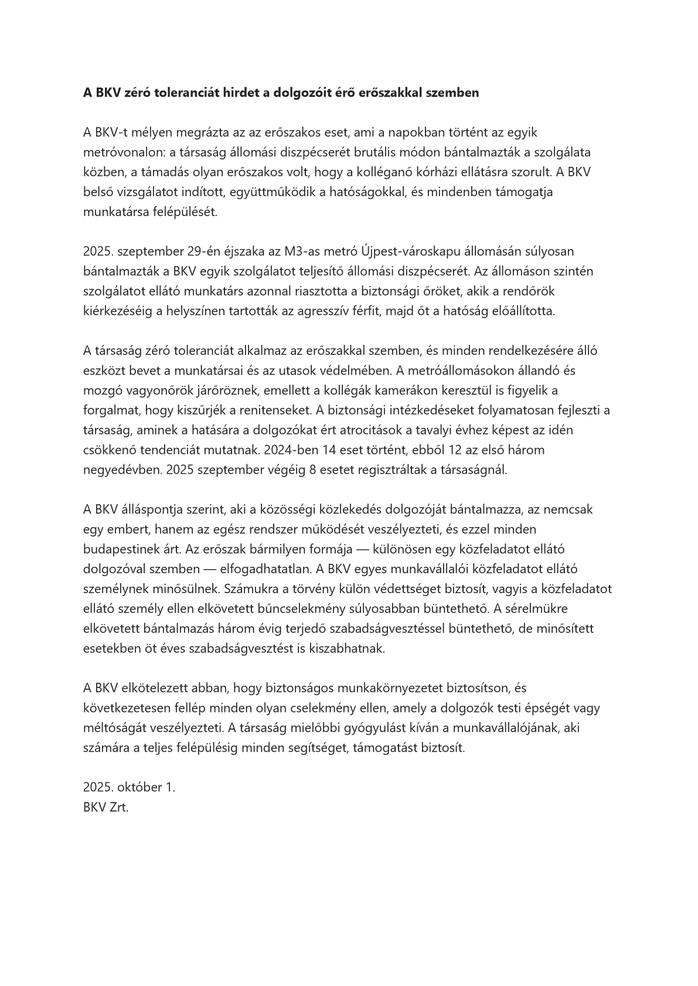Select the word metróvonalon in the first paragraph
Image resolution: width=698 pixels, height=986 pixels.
tap(122, 152)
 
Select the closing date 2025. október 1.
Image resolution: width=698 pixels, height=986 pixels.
tap(129, 787)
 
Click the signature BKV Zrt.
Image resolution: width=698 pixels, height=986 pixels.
tap(105, 807)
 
